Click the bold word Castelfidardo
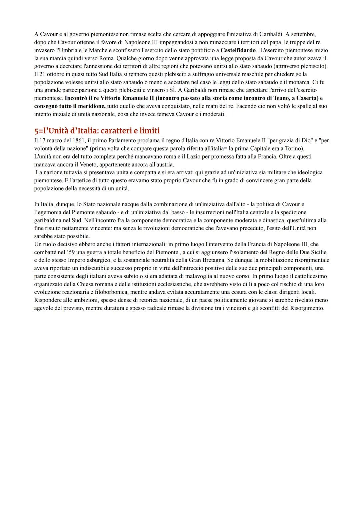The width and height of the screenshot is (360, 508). pos(238,50)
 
